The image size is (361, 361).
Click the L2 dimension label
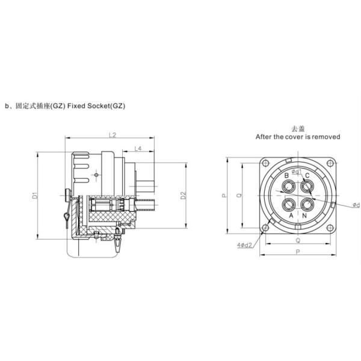pyautogui.click(x=113, y=135)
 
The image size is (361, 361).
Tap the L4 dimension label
pyautogui.click(x=138, y=149)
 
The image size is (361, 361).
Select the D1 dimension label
pyautogui.click(x=35, y=195)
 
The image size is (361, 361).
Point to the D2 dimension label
pyautogui.click(x=184, y=195)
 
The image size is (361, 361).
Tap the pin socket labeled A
pyautogui.click(x=289, y=205)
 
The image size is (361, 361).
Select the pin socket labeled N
pyautogui.click(x=307, y=205)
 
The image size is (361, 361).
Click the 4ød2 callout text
pyautogui.click(x=245, y=245)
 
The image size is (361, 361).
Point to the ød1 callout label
pyautogui.click(x=297, y=171)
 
